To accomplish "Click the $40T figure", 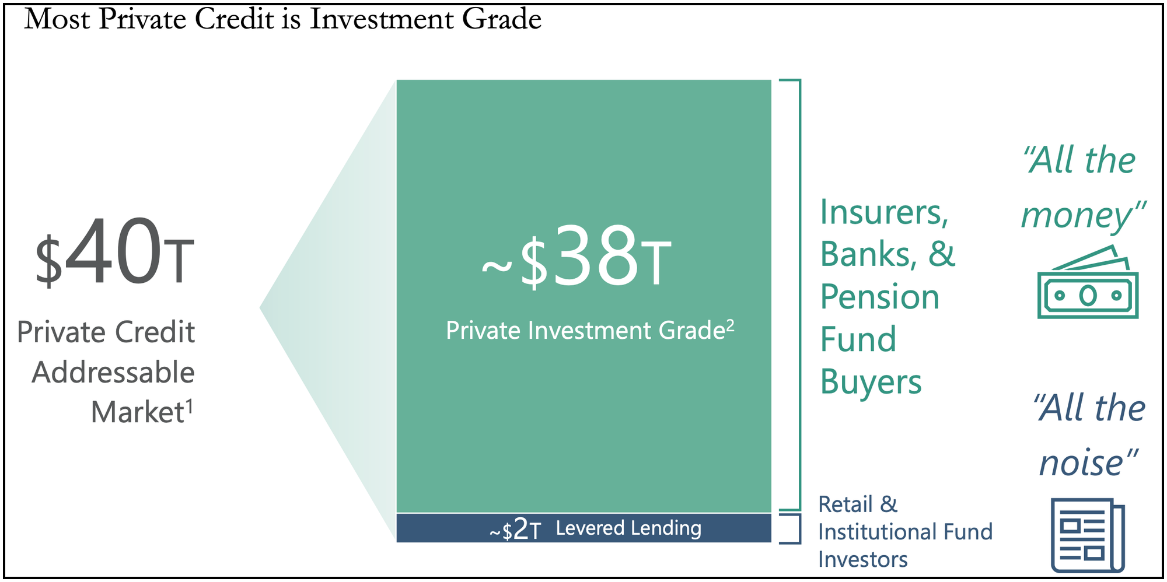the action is pos(114,252).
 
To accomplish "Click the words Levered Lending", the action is pos(628,528).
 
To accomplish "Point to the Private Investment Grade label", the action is pos(590,330).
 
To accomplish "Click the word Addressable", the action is pos(113,372).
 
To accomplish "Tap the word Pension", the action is pos(880,297).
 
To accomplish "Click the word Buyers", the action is pos(871,383).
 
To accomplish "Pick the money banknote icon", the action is pos(1088,282).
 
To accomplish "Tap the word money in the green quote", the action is pos(1077,216).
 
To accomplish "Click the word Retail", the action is pos(845,504).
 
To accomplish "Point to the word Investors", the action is pos(863,559).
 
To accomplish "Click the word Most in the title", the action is pos(58,19).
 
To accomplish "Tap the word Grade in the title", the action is pos(502,19).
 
